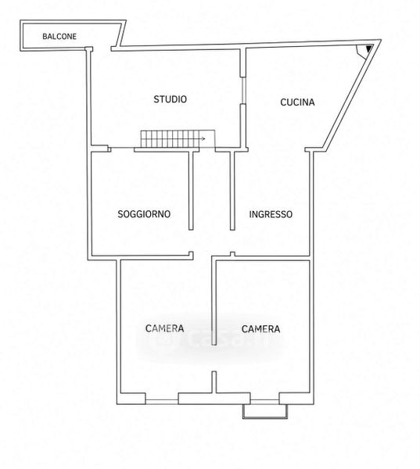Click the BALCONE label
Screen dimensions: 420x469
(59, 37)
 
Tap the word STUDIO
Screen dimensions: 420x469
(170, 99)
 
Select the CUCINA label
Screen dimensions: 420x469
(297, 102)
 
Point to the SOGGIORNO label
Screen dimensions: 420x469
(144, 214)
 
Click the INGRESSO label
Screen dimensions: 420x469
(271, 214)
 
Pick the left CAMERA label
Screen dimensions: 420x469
(165, 328)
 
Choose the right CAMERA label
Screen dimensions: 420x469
(260, 329)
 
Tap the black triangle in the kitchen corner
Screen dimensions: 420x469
(369, 48)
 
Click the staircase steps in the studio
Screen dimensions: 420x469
(170, 139)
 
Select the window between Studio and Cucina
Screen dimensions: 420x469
(244, 91)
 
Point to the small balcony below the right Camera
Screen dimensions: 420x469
(265, 412)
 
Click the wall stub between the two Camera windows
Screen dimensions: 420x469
(214, 382)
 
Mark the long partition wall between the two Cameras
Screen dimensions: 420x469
(214, 302)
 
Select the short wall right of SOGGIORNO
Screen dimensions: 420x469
(191, 191)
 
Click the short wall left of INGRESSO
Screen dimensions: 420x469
(232, 191)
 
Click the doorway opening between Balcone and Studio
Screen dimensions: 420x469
(102, 48)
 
